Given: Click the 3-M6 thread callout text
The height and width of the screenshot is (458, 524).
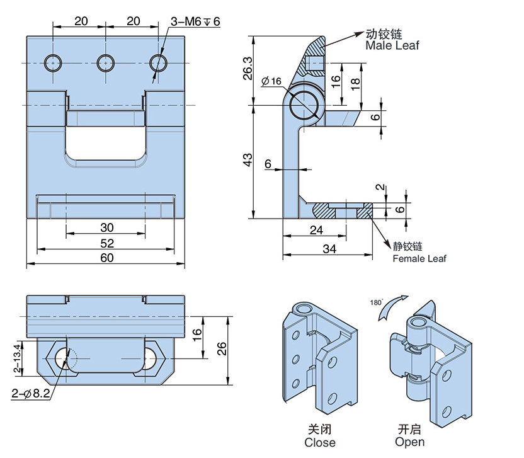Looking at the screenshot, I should click(x=196, y=21).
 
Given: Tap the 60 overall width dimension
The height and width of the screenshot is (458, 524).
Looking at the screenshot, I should click(x=106, y=257).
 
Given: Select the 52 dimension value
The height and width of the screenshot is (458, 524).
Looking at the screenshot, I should click(x=106, y=243).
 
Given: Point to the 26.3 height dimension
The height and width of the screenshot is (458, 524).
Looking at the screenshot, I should click(x=247, y=69).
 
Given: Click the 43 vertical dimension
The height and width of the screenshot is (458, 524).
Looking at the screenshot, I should click(x=247, y=160).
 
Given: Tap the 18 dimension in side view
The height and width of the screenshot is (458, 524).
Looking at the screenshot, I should click(x=357, y=84).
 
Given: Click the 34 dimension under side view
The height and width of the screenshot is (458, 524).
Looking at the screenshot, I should click(x=329, y=249).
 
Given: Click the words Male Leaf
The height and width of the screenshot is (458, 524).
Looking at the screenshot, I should click(x=392, y=45).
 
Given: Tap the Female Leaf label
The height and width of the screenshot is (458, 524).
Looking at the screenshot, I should click(x=419, y=258).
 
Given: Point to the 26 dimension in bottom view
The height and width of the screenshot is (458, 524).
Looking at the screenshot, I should click(x=221, y=350).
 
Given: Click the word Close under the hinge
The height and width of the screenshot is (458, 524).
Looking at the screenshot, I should click(x=320, y=442).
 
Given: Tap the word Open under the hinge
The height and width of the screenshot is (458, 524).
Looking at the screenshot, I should click(x=410, y=442).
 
